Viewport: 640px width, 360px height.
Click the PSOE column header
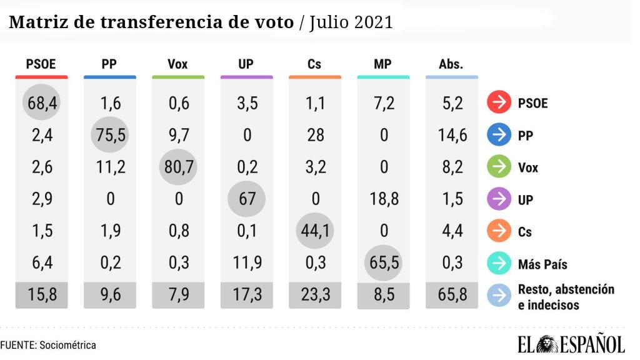41,64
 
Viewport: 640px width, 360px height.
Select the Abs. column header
451,64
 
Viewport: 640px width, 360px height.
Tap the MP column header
383,64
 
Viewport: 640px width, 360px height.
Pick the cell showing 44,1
315,231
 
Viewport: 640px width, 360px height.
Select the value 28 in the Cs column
315,134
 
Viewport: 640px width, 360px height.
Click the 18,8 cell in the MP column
383,199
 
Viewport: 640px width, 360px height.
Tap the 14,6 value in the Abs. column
451,134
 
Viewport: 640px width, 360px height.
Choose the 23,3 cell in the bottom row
315,295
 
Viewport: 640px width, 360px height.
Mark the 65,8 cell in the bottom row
451,295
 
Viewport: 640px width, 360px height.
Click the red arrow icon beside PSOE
498,103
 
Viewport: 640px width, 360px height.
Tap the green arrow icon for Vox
498,167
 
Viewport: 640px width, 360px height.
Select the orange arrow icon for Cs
498,232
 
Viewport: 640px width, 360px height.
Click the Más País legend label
542,264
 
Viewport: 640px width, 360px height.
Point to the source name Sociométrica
67,344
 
